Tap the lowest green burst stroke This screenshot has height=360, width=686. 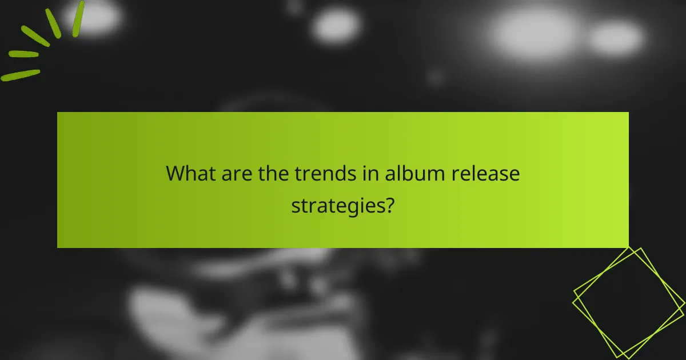(21, 75)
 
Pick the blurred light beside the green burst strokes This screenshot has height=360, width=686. (97, 17)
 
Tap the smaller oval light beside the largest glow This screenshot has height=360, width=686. (616, 38)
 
